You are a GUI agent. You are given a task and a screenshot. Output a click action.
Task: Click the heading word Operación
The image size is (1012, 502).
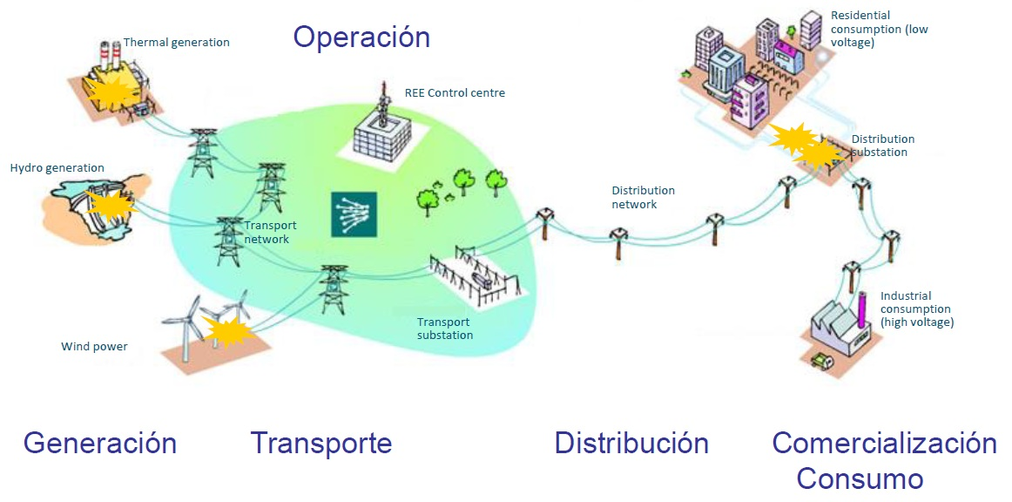[361, 37]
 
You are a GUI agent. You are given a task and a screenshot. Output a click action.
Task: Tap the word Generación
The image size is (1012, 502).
[100, 444]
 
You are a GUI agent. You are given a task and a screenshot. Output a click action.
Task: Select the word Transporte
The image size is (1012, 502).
[321, 444]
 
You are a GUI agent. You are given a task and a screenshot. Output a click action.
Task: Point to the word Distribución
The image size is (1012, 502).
[631, 444]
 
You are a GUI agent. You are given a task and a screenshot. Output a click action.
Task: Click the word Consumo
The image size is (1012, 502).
[860, 479]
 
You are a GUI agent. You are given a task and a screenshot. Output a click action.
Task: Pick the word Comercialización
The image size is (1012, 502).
[884, 444]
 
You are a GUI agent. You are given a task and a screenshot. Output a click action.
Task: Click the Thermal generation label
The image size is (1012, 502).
[177, 42]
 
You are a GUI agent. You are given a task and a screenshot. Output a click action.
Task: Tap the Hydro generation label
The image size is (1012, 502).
[57, 168]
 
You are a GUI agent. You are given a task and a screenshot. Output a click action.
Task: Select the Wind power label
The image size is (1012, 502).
[94, 347]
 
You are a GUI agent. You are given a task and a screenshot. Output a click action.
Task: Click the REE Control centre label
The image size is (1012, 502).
[455, 93]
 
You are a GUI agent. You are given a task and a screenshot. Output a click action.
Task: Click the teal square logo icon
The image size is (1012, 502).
[353, 214]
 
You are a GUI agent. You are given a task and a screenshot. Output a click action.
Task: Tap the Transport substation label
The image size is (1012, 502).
[445, 329]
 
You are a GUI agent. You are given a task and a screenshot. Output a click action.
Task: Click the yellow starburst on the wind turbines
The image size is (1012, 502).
[226, 329]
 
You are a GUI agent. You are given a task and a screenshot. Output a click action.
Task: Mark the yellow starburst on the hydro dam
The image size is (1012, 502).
[111, 206]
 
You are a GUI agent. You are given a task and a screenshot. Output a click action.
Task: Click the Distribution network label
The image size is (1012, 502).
[643, 197]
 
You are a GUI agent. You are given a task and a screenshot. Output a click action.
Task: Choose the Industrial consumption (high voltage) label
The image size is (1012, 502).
[916, 309]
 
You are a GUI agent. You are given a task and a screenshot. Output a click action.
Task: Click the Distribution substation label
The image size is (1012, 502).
[882, 146]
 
